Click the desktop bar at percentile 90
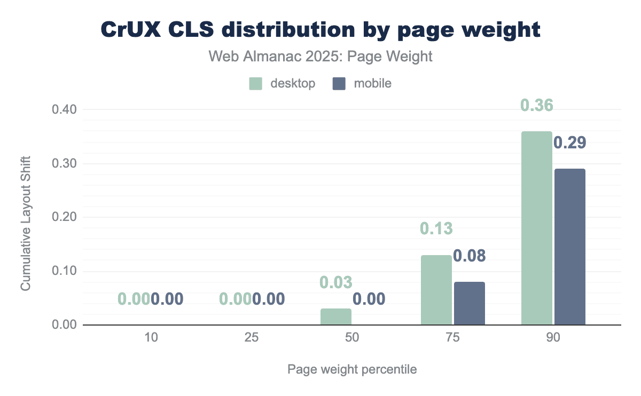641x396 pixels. [x=536, y=228]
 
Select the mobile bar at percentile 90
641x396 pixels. [x=569, y=247]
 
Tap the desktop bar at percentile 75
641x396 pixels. [x=436, y=290]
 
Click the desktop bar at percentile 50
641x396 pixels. [x=336, y=316]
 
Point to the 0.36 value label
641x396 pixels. [x=536, y=106]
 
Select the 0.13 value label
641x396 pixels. [x=436, y=229]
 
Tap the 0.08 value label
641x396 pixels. [x=469, y=256]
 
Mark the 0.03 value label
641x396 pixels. [x=336, y=283]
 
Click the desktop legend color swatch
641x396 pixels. [x=256, y=84]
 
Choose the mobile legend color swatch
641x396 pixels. [x=339, y=84]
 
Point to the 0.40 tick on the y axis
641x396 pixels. [x=65, y=109]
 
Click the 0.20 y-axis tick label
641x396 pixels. [x=65, y=217]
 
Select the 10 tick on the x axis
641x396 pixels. [x=150, y=338]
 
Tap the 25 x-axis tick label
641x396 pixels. [x=251, y=338]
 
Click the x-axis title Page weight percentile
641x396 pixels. [x=352, y=369]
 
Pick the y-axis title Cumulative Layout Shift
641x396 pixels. [x=26, y=224]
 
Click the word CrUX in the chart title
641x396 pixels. [x=130, y=30]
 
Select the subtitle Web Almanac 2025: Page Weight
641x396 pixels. [x=320, y=57]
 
